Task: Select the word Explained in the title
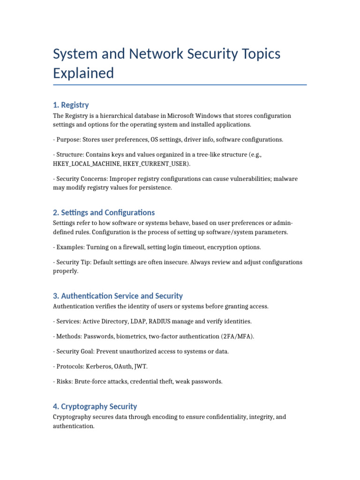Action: pos(83,73)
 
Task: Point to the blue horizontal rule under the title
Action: pos(180,85)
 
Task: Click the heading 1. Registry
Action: pos(71,105)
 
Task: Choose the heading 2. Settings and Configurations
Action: pos(104,212)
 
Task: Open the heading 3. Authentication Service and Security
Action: pos(118,296)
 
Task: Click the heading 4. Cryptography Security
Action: pos(95,406)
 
